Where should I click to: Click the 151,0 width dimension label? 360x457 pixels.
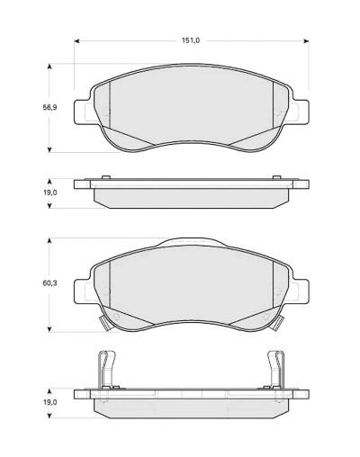[191, 40]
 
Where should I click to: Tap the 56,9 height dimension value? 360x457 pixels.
[49, 108]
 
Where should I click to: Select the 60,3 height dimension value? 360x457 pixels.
[49, 283]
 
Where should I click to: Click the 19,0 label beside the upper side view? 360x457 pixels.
[49, 193]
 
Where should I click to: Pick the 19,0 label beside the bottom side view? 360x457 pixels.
[49, 402]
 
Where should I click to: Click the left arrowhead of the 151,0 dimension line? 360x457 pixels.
[76, 40]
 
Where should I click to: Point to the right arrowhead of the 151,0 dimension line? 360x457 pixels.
[306, 40]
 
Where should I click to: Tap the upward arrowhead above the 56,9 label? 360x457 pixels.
[49, 67]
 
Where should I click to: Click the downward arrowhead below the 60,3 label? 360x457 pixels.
[49, 329]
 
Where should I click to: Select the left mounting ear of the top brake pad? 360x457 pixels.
[82, 112]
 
